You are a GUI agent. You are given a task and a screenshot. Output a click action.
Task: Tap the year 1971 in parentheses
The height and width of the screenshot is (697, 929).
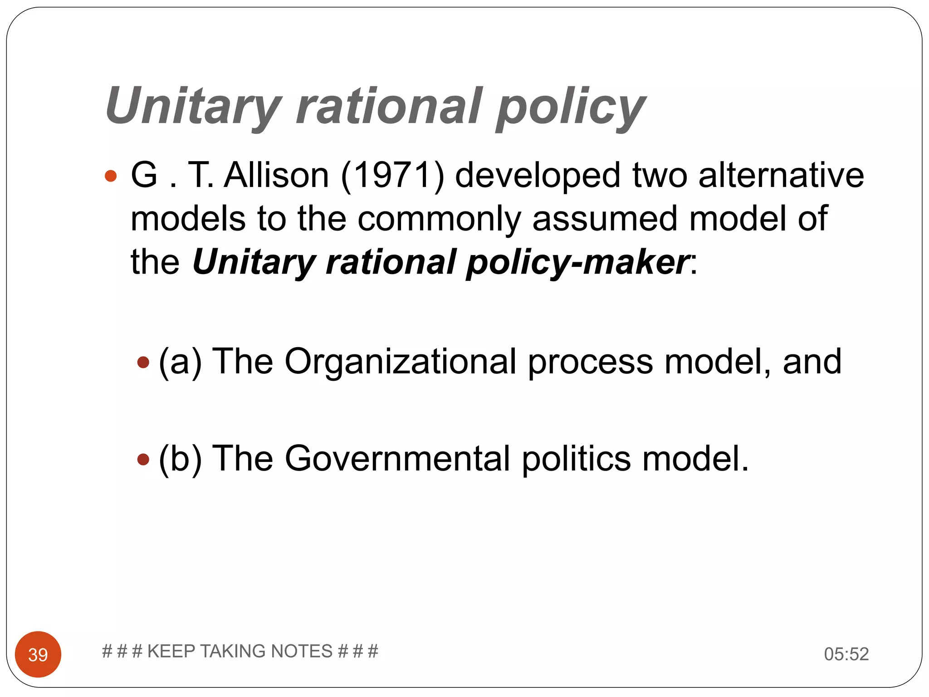pyautogui.click(x=392, y=176)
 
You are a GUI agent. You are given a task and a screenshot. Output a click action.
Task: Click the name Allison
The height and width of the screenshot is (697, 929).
pyautogui.click(x=276, y=176)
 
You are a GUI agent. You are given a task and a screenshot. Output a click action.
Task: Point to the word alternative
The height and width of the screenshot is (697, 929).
pyautogui.click(x=781, y=176)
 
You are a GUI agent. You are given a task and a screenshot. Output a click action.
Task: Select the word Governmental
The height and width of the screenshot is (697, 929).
pyautogui.click(x=397, y=459)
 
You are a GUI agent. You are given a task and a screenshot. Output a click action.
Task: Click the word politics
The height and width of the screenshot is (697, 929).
pyautogui.click(x=576, y=459)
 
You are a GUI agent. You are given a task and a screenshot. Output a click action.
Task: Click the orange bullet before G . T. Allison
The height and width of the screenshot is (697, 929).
pyautogui.click(x=111, y=176)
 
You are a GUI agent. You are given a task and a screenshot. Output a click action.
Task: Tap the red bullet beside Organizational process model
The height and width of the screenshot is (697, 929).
pyautogui.click(x=143, y=362)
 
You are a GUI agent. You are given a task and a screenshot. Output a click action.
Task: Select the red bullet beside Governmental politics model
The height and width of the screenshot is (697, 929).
pyautogui.click(x=143, y=459)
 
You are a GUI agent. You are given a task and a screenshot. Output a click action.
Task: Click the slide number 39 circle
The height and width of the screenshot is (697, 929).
pyautogui.click(x=38, y=654)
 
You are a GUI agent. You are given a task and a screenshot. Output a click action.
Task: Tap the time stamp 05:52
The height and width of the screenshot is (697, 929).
pyautogui.click(x=846, y=654)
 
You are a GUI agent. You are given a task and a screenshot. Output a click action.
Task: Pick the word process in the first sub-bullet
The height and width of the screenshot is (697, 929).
pyautogui.click(x=590, y=362)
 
